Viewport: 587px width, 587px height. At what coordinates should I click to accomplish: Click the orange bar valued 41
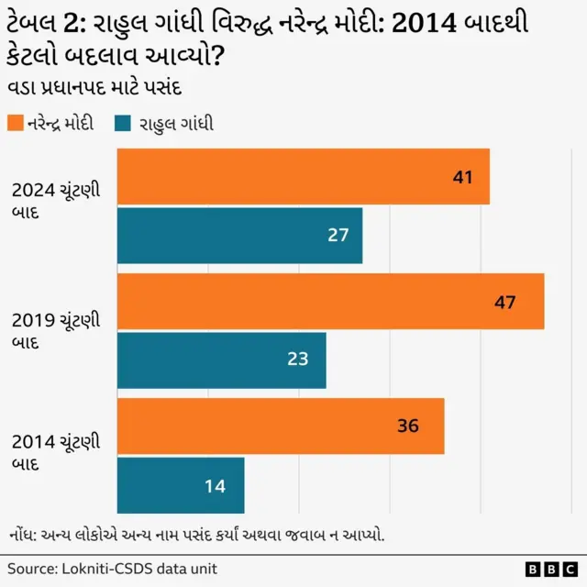coord(304,176)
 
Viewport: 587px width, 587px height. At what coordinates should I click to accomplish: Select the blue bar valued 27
coord(240,236)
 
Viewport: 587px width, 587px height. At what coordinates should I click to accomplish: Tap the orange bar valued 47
coord(331,301)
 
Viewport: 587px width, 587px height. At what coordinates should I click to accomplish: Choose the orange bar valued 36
coord(281,426)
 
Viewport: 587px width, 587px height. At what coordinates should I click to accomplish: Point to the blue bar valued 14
coord(182,485)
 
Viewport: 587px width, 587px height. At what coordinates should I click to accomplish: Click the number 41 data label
coord(462,177)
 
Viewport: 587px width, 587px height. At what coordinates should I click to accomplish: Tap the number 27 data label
coord(338,236)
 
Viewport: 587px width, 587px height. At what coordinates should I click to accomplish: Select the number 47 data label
coord(505,302)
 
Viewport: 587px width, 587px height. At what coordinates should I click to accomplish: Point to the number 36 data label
coord(408,426)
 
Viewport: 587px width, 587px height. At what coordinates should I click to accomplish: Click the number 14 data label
coord(215,486)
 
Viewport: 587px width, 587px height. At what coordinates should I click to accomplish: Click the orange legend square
coord(15,123)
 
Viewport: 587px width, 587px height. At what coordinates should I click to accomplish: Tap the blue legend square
coord(125,123)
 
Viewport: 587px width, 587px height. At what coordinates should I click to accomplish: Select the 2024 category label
coord(56,201)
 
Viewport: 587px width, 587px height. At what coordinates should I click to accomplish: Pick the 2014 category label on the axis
coord(56,453)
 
